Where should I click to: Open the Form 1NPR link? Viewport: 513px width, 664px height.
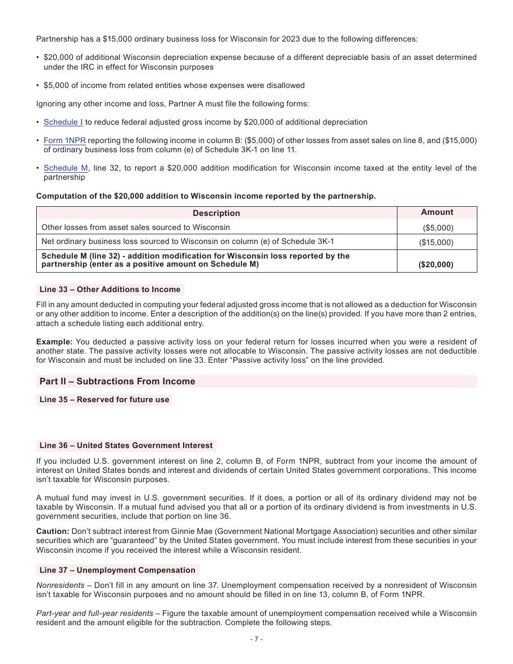pos(65,140)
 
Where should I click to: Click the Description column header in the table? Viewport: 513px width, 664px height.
pos(216,213)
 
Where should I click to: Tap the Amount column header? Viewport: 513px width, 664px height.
pos(437,212)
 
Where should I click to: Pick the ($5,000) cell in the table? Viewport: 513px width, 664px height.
pos(437,228)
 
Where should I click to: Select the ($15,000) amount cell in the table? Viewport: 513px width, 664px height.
pos(437,242)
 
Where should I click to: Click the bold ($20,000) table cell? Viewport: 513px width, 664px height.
pos(437,265)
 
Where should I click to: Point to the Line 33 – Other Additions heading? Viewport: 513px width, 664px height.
pos(110,290)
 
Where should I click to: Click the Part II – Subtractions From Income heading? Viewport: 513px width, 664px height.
pos(117,381)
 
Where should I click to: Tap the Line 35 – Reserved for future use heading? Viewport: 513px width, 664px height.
pos(104,399)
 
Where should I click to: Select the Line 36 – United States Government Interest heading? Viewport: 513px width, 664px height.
pos(126,445)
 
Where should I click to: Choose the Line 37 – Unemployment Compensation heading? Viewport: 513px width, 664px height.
pos(117,570)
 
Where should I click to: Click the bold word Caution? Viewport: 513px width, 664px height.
pos(52,531)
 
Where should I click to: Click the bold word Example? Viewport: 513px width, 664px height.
pos(54,342)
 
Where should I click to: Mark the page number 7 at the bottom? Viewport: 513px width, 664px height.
pos(256,639)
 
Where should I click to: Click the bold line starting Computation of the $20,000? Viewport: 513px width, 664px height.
pos(206,196)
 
